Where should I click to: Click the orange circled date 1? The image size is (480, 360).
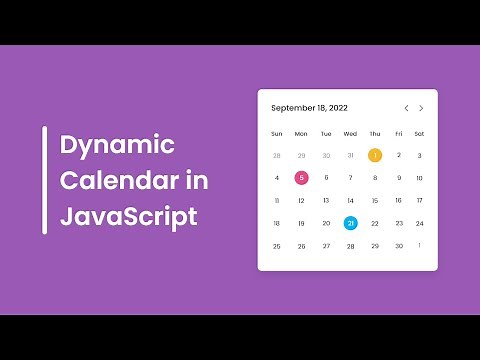pyautogui.click(x=375, y=155)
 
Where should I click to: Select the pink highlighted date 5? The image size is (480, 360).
pyautogui.click(x=301, y=178)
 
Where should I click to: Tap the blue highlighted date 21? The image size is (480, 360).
pyautogui.click(x=350, y=223)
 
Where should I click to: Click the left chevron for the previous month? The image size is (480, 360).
pyautogui.click(x=406, y=108)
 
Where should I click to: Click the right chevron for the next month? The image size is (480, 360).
pyautogui.click(x=421, y=108)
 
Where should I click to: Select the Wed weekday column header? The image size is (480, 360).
pyautogui.click(x=350, y=133)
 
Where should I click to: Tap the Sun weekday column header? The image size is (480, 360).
pyautogui.click(x=277, y=133)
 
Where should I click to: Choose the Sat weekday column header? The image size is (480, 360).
pyautogui.click(x=419, y=133)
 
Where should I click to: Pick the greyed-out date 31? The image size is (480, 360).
pyautogui.click(x=350, y=155)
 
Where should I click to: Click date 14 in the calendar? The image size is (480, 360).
pyautogui.click(x=350, y=200)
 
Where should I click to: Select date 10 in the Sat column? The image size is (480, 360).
pyautogui.click(x=419, y=178)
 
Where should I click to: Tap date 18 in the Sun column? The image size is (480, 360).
pyautogui.click(x=277, y=223)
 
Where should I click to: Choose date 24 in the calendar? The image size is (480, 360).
pyautogui.click(x=419, y=223)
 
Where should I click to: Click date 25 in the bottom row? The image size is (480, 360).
pyautogui.click(x=277, y=246)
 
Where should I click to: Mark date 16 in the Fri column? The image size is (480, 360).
pyautogui.click(x=398, y=200)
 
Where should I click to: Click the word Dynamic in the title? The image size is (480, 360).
pyautogui.click(x=117, y=146)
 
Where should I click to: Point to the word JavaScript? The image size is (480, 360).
pyautogui.click(x=128, y=216)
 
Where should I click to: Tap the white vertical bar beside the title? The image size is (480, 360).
pyautogui.click(x=44, y=180)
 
